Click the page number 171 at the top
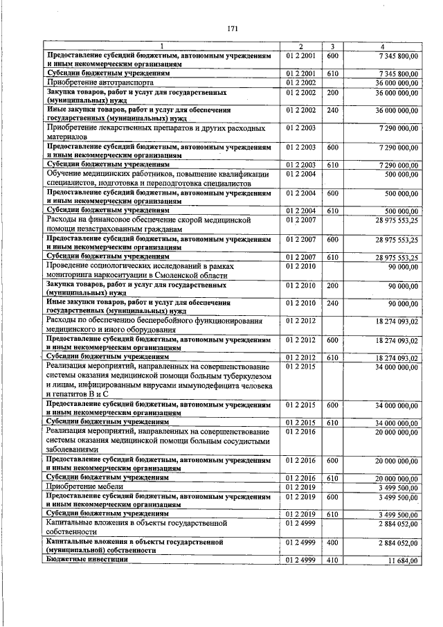point(233,28)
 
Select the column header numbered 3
point(333,46)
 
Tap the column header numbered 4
point(382,46)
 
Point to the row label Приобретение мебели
point(77,487)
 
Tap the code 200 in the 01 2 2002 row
point(332,91)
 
